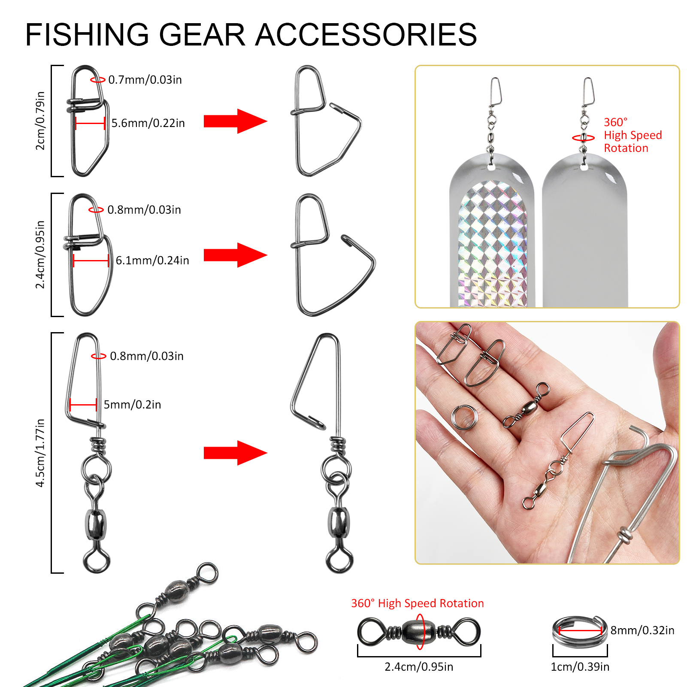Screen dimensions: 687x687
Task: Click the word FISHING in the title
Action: (87, 34)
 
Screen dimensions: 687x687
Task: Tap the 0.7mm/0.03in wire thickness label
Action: (145, 80)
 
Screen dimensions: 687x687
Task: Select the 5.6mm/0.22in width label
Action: (148, 123)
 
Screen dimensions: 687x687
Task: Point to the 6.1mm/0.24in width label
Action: (152, 260)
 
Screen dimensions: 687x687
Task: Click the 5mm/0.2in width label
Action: (132, 405)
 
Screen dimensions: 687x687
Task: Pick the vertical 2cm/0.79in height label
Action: (40, 121)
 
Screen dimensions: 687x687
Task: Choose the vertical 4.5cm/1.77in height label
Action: (40, 453)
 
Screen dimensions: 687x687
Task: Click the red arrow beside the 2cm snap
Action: (235, 121)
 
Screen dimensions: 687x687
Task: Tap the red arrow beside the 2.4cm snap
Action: (235, 255)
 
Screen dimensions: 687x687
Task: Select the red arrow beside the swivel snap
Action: (235, 453)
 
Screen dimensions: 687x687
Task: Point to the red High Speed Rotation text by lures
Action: (633, 136)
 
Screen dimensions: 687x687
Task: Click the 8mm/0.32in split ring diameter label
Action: (642, 630)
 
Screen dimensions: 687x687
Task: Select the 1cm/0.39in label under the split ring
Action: (580, 667)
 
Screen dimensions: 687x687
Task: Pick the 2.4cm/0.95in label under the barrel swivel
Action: (419, 667)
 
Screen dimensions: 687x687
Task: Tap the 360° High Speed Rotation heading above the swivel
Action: (417, 603)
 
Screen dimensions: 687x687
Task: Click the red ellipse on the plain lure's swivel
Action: (583, 138)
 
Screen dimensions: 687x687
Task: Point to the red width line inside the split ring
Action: (580, 631)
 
